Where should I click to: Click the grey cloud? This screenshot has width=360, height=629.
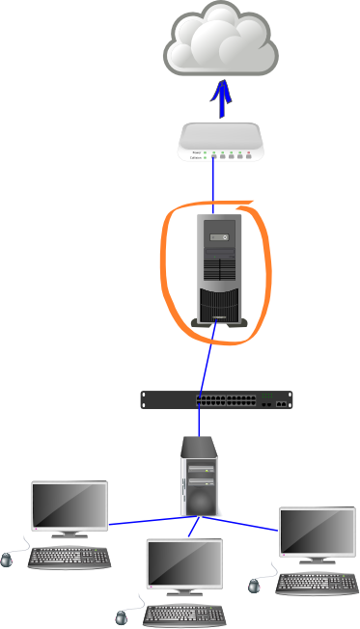pyautogui.click(x=221, y=40)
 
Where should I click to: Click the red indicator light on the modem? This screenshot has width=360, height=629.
pyautogui.click(x=248, y=153)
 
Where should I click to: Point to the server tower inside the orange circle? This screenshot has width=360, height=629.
pyautogui.click(x=221, y=269)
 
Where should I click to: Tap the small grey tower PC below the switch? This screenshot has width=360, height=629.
pyautogui.click(x=200, y=477)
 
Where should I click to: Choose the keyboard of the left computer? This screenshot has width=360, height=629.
pyautogui.click(x=69, y=558)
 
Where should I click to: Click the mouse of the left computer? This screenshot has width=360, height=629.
pyautogui.click(x=9, y=558)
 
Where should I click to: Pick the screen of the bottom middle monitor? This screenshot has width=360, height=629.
pyautogui.click(x=184, y=561)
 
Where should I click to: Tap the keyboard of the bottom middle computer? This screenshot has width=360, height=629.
pyautogui.click(x=184, y=614)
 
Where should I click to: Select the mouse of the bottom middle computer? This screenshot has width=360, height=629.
pyautogui.click(x=123, y=615)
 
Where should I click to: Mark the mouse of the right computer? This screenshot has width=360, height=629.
pyautogui.click(x=256, y=584)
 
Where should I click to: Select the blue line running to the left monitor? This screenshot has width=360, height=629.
pyautogui.click(x=145, y=521)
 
